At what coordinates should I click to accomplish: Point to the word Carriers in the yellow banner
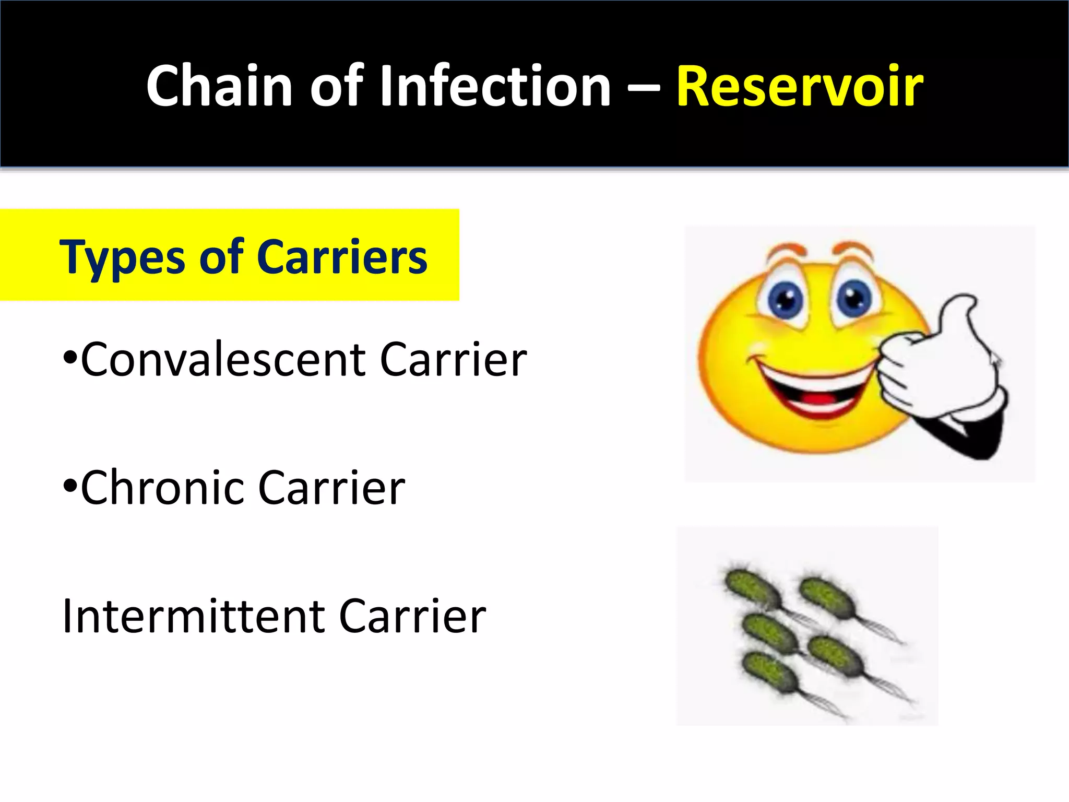pos(342,257)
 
